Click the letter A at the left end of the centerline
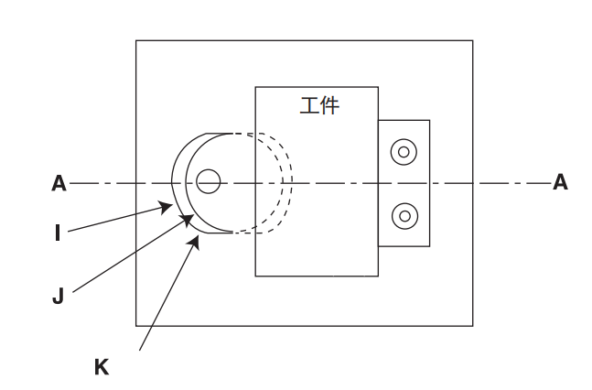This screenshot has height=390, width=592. click(59, 184)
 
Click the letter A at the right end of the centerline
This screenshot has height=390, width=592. click(560, 183)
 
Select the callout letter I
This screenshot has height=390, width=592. click(58, 233)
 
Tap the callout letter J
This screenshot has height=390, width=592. click(58, 297)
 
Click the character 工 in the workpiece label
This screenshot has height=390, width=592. click(309, 106)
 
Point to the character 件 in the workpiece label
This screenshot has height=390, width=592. click(330, 106)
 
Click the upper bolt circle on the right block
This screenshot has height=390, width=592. click(404, 151)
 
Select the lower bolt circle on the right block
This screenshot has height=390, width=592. click(404, 216)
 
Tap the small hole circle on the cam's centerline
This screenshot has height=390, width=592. click(209, 182)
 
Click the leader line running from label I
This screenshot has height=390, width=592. click(114, 220)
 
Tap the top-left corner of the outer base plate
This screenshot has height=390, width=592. click(136, 41)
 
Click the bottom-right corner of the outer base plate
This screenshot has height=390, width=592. click(473, 325)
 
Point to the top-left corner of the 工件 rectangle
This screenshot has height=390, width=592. click(255, 87)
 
